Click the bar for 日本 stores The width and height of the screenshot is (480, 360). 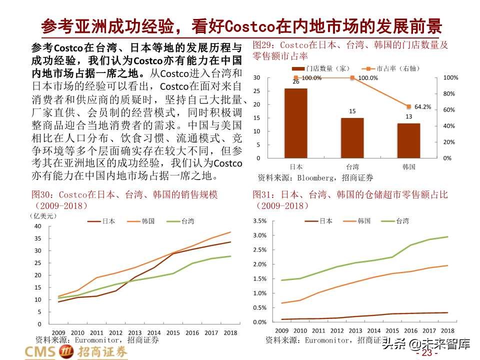pos(295,123)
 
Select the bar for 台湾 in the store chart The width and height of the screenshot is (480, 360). pos(352,137)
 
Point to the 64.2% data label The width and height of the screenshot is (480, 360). pos(422,106)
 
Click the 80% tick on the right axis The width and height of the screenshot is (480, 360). pos(450,94)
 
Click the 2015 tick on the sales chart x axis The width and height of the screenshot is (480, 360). pos(172,332)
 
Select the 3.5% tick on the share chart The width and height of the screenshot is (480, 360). pos(260,221)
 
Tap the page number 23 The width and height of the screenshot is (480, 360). pos(426,353)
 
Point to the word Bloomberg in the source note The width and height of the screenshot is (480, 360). pos(317,177)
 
